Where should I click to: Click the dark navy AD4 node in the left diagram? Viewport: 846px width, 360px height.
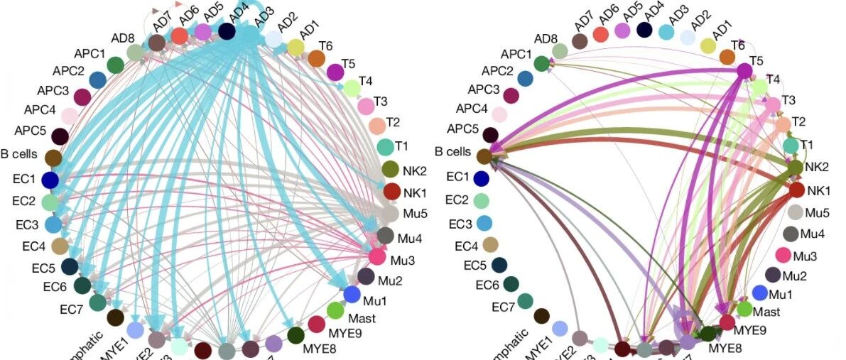[227, 31]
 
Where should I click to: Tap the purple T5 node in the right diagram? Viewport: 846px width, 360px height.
[744, 71]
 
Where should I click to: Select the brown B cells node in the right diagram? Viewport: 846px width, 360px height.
[484, 156]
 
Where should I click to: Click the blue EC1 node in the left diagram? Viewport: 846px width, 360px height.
[50, 180]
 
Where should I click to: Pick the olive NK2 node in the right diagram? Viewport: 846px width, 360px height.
[796, 168]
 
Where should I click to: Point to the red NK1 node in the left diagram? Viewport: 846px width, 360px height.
[391, 191]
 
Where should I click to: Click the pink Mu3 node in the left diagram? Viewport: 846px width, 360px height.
[377, 256]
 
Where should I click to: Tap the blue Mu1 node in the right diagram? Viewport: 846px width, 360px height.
[759, 293]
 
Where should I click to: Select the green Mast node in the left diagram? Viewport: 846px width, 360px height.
[335, 310]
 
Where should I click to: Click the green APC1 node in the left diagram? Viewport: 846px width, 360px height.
[116, 65]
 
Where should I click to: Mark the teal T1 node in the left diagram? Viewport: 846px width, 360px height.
[385, 147]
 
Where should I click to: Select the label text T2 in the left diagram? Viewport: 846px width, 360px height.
[394, 122]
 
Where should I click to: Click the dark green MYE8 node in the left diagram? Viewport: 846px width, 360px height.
[296, 335]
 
